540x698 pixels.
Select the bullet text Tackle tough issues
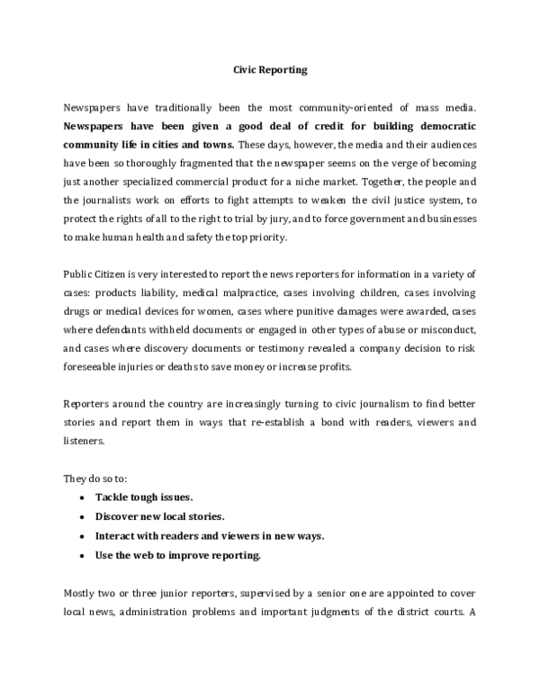pos(144,497)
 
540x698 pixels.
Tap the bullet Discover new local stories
pos(159,516)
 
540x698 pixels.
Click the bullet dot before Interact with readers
pos(84,536)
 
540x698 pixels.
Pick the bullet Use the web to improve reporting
pos(178,555)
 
